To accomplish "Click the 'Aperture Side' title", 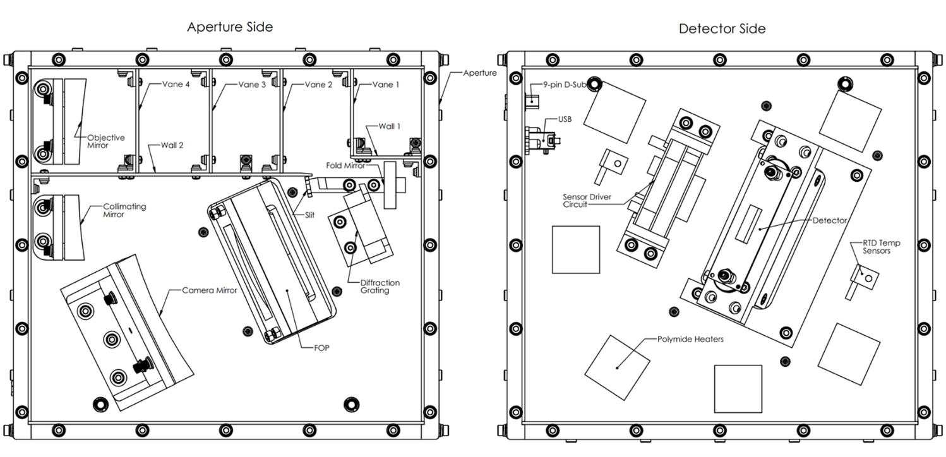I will click(230, 27).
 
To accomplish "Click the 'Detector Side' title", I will click(722, 28).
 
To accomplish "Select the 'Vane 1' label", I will click(386, 85).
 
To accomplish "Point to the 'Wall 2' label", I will click(172, 145).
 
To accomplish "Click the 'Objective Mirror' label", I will click(106, 141).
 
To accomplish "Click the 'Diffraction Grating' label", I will click(380, 287).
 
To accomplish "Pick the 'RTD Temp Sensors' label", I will click(882, 246).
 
